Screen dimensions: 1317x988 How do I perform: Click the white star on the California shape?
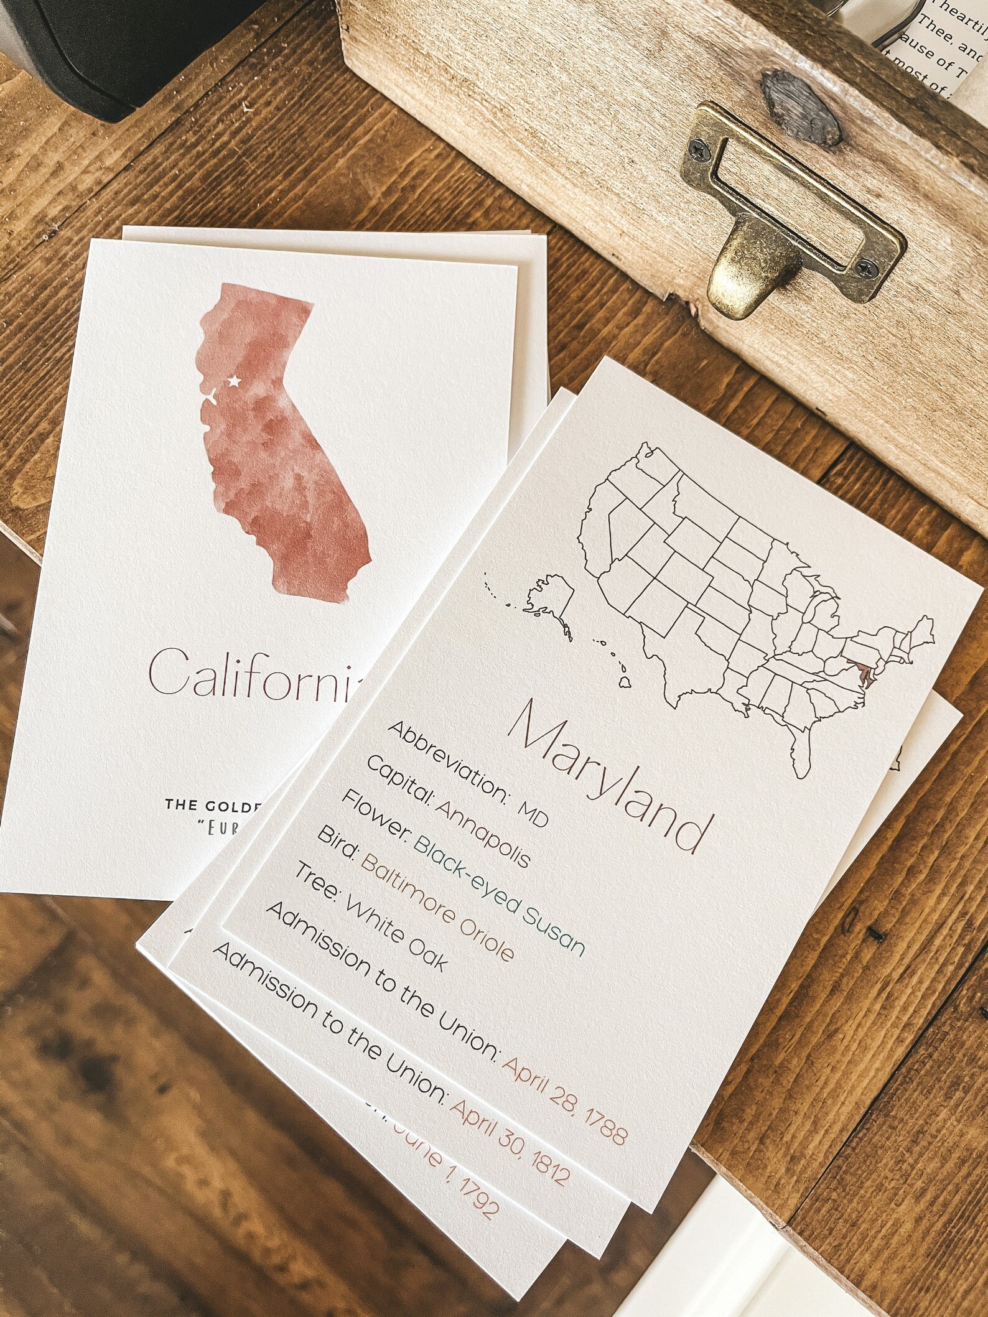[235, 380]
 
